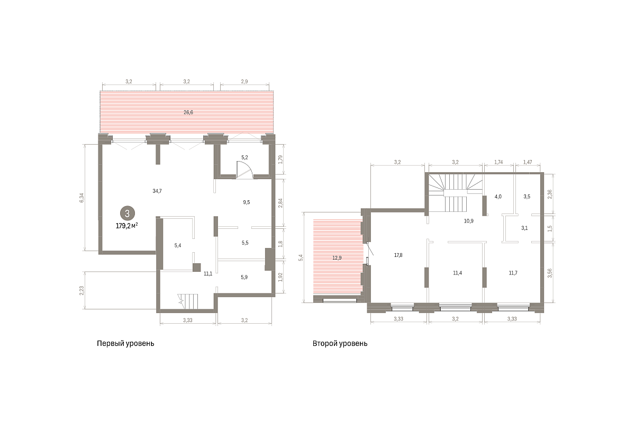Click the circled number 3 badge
pyautogui.click(x=128, y=213)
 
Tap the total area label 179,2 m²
pyautogui.click(x=126, y=226)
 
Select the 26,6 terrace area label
pyautogui.click(x=188, y=112)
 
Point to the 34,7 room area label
pyautogui.click(x=157, y=191)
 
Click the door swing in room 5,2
pyautogui.click(x=244, y=170)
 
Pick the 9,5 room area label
pyautogui.click(x=247, y=202)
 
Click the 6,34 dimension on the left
pyautogui.click(x=81, y=198)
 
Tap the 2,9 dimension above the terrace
pyautogui.click(x=244, y=82)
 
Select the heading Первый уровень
pyautogui.click(x=125, y=344)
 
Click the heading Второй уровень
pyautogui.click(x=340, y=344)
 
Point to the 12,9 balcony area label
pyautogui.click(x=337, y=258)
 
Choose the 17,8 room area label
pyautogui.click(x=398, y=255)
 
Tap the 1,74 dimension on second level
pyautogui.click(x=498, y=162)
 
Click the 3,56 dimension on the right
pyautogui.click(x=550, y=273)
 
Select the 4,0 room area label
pyautogui.click(x=498, y=197)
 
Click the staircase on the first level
pyautogui.click(x=188, y=301)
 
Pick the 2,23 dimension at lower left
pyautogui.click(x=81, y=290)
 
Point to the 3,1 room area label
pyautogui.click(x=524, y=228)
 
